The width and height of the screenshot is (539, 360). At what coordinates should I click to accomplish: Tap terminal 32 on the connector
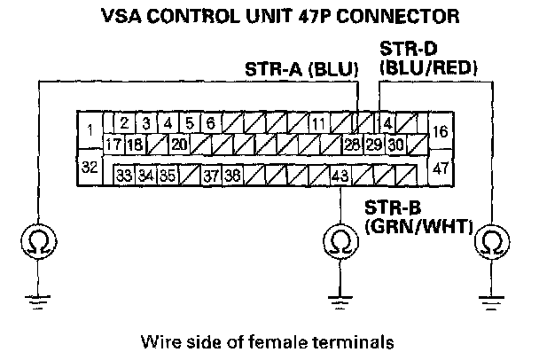[x=89, y=166]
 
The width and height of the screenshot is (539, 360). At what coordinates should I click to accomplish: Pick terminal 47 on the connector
[x=440, y=166]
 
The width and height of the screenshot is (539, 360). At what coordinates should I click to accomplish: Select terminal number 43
[x=340, y=176]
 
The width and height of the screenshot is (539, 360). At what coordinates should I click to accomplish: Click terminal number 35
[x=168, y=176]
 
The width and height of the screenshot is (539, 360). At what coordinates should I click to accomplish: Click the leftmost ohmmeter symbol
[x=35, y=240]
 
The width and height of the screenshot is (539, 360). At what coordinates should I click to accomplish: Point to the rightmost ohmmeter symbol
[x=489, y=240]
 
